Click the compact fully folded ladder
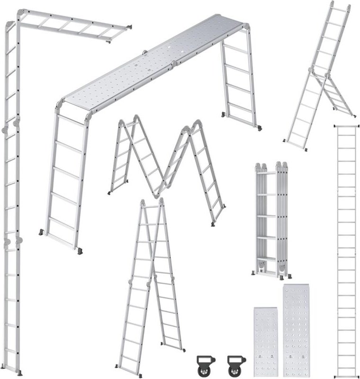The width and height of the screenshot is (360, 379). click(x=272, y=220)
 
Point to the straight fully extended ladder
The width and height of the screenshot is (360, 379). click(x=346, y=251)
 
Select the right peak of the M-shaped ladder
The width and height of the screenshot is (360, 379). click(x=195, y=125)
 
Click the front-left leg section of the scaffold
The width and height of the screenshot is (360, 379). click(x=66, y=180)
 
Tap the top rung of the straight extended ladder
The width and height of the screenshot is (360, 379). click(x=346, y=127)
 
